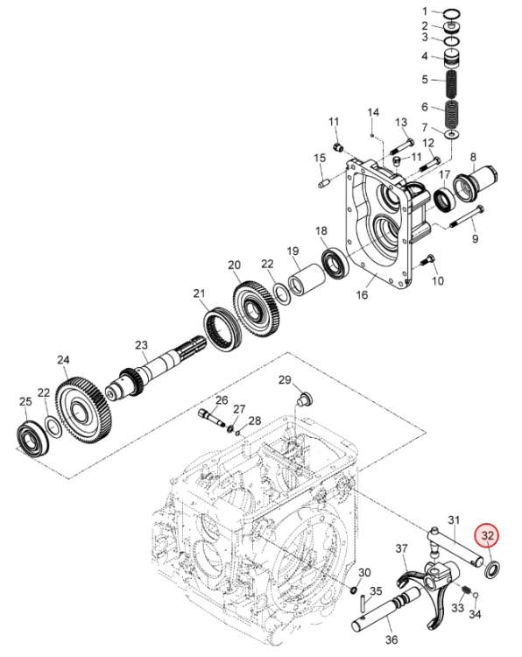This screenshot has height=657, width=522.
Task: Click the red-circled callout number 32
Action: [x=488, y=535]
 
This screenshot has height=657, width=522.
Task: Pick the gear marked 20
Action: [x=255, y=309]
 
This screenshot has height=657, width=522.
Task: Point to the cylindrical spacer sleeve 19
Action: [x=307, y=280]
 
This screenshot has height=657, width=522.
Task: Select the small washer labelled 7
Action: [x=452, y=135]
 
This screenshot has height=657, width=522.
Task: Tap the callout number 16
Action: [x=362, y=294]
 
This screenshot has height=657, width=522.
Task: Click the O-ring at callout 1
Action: [x=452, y=13]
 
